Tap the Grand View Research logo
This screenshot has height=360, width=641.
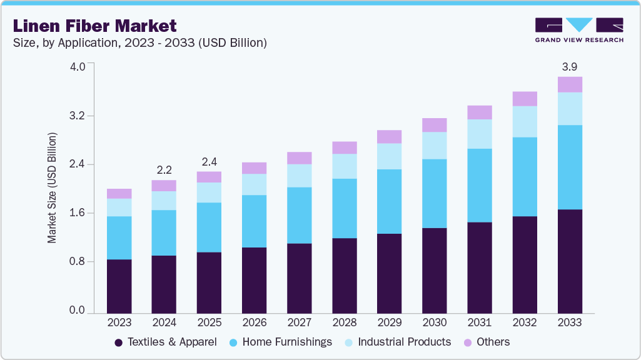(x=579, y=30)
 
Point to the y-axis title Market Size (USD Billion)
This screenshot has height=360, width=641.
(x=53, y=188)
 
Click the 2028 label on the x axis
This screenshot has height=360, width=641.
(x=345, y=322)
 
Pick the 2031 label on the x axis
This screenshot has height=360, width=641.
(x=480, y=322)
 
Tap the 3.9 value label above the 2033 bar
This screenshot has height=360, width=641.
(x=570, y=66)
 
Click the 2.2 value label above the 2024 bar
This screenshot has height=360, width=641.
(x=164, y=169)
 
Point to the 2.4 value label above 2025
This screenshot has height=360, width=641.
(x=209, y=161)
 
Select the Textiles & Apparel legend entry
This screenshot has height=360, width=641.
(x=166, y=342)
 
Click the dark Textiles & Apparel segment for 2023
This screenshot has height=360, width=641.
(x=119, y=286)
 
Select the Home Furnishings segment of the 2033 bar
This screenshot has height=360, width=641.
(x=570, y=167)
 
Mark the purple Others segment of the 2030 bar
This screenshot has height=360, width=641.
(x=435, y=125)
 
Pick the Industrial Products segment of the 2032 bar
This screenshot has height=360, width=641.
(x=525, y=121)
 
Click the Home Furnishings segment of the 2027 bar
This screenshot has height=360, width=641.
(x=300, y=215)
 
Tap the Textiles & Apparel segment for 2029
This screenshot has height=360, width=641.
(x=390, y=273)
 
